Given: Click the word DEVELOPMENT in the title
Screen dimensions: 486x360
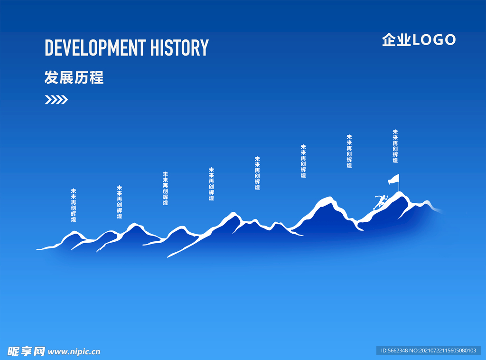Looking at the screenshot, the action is tap(95, 48).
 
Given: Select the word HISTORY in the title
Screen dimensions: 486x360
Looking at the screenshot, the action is tap(179, 48).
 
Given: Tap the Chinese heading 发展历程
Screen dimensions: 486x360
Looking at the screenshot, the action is tap(74, 77).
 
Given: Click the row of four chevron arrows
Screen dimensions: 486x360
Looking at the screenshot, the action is tap(56, 100).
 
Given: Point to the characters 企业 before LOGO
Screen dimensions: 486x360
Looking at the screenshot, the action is tap(396, 40).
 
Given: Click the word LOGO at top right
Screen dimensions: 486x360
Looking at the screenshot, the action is tap(434, 40).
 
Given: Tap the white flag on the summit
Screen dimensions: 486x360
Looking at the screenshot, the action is tap(394, 180).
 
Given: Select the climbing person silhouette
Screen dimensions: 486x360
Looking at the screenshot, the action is tap(380, 202).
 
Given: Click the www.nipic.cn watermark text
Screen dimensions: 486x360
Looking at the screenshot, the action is tap(74, 352).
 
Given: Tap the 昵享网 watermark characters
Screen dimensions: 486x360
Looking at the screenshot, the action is tap(26, 351).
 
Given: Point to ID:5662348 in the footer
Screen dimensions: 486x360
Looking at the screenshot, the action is tap(394, 351).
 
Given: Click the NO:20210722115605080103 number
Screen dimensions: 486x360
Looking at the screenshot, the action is tap(443, 351).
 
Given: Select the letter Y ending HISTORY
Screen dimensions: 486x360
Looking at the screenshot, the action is tap(205, 48).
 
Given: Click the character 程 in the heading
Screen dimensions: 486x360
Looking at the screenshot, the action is tap(96, 77).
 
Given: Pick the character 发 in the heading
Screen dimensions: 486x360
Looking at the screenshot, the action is tap(51, 77).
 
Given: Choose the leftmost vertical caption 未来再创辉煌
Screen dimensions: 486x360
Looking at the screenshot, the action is tap(74, 205).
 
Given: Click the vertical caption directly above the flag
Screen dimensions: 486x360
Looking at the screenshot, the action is tap(395, 146).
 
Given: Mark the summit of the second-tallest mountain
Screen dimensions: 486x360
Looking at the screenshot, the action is tap(328, 197).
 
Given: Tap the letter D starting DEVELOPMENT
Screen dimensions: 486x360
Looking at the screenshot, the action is tap(49, 48).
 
